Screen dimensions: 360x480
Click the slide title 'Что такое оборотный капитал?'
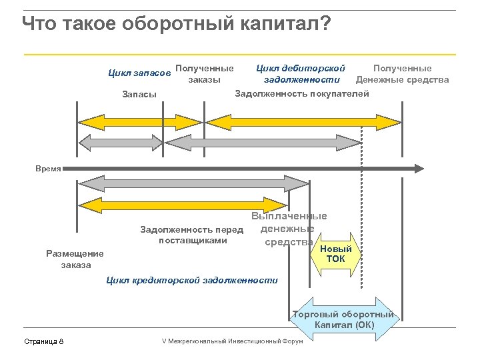click(176, 24)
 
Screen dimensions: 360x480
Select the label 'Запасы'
click(139, 94)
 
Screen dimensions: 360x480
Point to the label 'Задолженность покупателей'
click(302, 93)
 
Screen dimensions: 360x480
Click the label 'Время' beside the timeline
click(48, 169)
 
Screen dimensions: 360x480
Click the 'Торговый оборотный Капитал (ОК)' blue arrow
click(344, 319)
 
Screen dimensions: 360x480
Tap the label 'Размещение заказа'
click(75, 259)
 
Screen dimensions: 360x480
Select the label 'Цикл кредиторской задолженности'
click(192, 280)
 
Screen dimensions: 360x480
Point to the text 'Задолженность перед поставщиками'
click(192, 235)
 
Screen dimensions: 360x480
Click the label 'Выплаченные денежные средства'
click(289, 229)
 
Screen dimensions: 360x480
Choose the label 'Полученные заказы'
click(205, 74)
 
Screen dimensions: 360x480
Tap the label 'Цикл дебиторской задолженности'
click(301, 74)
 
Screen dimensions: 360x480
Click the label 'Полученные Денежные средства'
click(402, 74)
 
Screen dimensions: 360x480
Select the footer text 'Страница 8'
click(44, 341)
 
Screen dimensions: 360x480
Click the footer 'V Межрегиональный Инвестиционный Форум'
click(232, 341)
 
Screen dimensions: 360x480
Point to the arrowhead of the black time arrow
click(418, 169)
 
